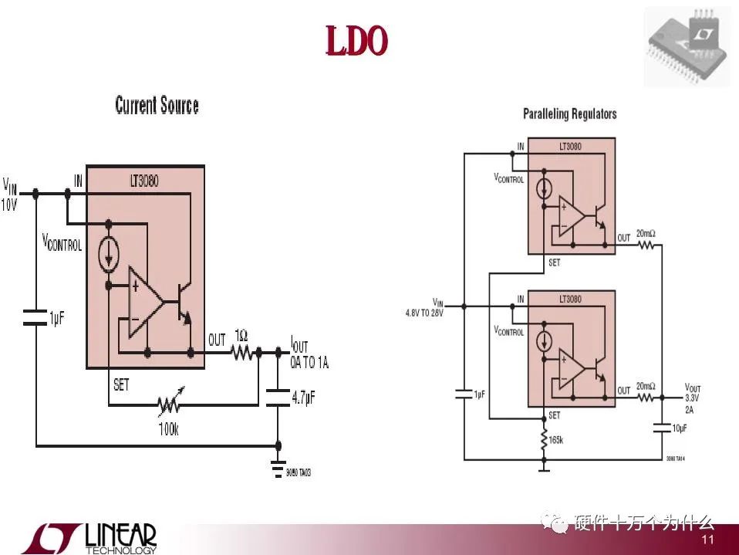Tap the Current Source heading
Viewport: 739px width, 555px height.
coord(157,106)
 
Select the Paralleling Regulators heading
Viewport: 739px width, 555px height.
coord(569,114)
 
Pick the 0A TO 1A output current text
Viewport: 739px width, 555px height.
coord(309,363)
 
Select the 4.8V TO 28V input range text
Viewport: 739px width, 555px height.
coord(424,313)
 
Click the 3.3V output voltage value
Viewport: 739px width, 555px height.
coord(693,399)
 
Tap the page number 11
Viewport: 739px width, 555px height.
coord(708,540)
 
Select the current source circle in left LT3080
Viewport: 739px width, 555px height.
coord(109,256)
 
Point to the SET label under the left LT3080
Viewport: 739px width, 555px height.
coord(121,384)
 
